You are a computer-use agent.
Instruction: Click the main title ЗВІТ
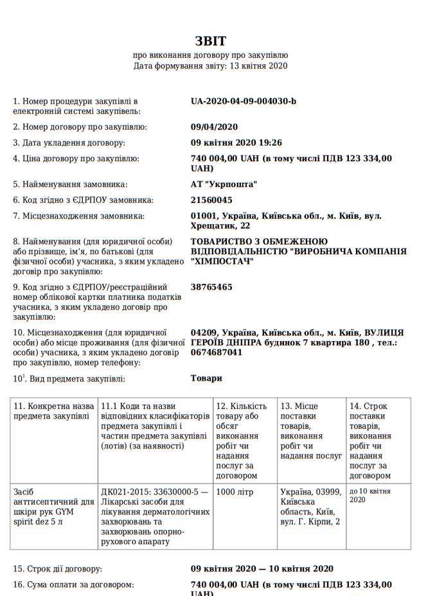[x=211, y=42]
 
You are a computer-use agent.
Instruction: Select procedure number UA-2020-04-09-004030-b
[x=244, y=101]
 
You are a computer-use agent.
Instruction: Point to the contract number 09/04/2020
[x=215, y=127]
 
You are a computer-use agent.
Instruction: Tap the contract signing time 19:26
[x=271, y=143]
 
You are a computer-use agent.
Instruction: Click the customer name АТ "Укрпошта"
[x=224, y=184]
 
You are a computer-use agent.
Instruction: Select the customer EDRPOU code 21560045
[x=211, y=200]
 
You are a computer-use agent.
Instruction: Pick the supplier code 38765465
[x=211, y=287]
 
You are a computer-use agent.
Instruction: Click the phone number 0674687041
[x=217, y=353]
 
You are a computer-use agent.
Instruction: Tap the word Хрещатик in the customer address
[x=212, y=226]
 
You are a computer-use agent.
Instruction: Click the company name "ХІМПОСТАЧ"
[x=222, y=262]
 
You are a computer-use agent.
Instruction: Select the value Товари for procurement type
[x=206, y=378]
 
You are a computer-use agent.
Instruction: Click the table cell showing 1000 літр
[x=235, y=493]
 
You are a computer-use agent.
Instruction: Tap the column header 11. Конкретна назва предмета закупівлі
[x=54, y=412]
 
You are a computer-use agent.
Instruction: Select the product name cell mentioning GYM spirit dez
[x=54, y=507]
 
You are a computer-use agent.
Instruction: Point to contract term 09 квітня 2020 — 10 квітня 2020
[x=262, y=569]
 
